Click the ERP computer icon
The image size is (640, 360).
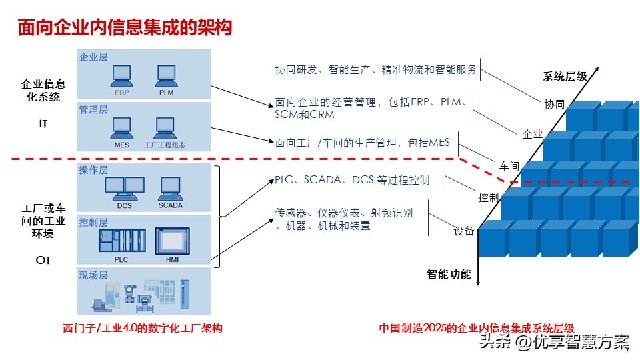(x=122, y=75)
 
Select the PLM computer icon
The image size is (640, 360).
(x=166, y=75)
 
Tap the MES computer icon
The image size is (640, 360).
(x=122, y=127)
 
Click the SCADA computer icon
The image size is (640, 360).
(x=170, y=189)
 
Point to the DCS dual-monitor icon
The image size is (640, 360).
(x=124, y=188)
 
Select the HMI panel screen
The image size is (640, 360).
(x=172, y=241)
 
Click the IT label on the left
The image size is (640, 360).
(x=43, y=123)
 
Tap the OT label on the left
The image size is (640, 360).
(x=43, y=260)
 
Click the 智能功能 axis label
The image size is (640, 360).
(x=449, y=273)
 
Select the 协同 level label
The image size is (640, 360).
(x=554, y=104)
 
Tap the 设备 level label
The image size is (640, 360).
(x=464, y=231)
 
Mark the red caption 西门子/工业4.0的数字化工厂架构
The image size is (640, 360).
(x=143, y=328)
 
